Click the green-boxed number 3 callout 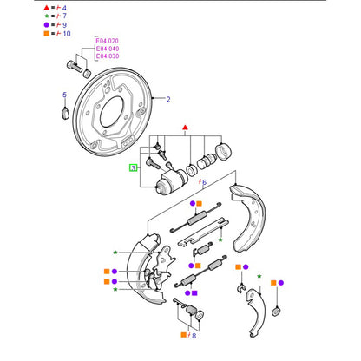point(133,167)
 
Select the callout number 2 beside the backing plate point(168,99)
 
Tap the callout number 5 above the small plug point(64,95)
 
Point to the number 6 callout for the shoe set point(205,182)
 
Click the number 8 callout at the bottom point(194,336)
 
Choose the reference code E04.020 point(108,41)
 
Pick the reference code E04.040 point(108,49)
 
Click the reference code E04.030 point(108,56)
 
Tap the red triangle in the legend point(47,8)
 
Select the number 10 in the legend point(67,34)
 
